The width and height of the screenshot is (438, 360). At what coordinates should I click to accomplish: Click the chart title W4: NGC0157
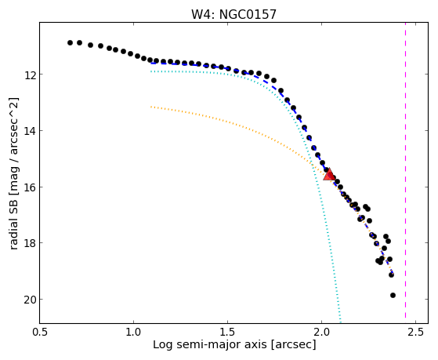pos(233,14)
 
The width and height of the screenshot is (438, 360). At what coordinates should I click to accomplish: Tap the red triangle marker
pos(329,175)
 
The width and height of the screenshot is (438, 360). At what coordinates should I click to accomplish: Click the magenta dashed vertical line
pos(405,173)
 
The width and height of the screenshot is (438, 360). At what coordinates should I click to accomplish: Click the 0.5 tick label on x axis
pos(40,332)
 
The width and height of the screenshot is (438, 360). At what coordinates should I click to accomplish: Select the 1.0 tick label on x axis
pos(133,332)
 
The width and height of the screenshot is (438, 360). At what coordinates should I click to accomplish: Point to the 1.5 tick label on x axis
pos(228,332)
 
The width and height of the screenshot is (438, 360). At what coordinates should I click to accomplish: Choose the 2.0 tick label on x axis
pos(322,332)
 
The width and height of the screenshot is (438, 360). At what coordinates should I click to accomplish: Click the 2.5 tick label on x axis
pos(415,332)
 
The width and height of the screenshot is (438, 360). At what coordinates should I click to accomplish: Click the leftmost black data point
pos(70,42)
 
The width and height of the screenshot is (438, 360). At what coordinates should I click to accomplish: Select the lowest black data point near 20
pos(393,295)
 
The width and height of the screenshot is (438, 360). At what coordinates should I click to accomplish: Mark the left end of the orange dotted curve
pos(151,107)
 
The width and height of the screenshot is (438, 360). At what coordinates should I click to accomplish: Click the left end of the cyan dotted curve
pos(151,71)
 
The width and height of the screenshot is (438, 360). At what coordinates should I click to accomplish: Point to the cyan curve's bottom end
pos(340,322)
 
